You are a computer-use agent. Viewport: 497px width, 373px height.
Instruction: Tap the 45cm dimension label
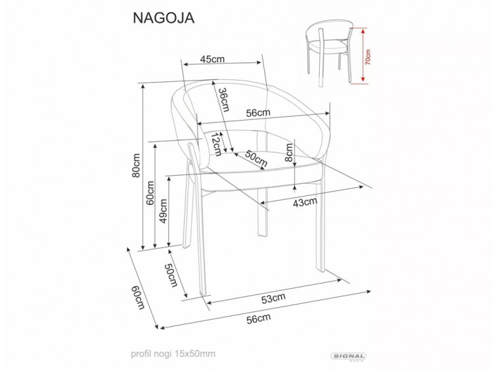tap(213, 60)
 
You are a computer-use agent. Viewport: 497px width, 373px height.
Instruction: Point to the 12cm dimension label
tap(216, 144)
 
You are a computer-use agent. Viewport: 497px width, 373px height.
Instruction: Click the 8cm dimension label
tap(290, 155)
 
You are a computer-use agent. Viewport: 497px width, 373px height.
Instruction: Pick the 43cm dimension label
tap(305, 201)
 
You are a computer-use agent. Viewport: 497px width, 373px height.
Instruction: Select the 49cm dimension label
tap(163, 216)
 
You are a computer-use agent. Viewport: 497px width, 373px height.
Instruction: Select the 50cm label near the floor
tap(170, 274)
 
